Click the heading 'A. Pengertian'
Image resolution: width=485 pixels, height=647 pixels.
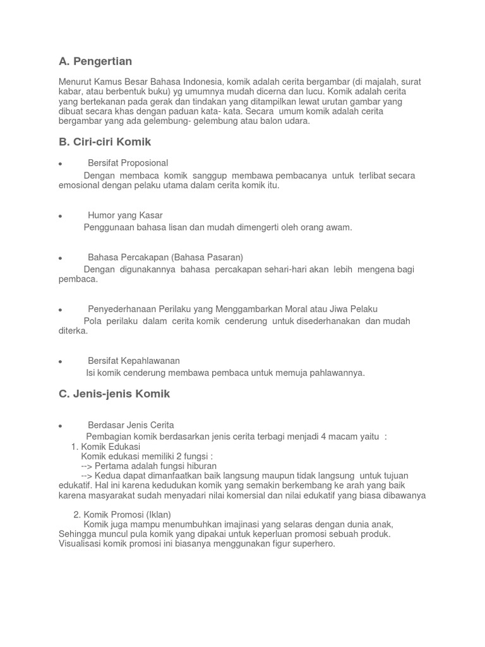tap(95, 61)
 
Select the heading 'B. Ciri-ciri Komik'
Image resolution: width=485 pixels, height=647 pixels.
tap(105, 142)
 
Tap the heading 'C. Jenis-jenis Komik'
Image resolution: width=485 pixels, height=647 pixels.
tap(114, 394)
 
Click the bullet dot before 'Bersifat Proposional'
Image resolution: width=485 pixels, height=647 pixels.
tap(60, 164)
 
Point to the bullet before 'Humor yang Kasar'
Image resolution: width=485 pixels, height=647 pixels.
tap(60, 216)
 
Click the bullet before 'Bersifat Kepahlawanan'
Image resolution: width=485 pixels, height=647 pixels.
tap(60, 361)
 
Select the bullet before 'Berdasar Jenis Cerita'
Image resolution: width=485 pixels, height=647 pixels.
tap(60, 425)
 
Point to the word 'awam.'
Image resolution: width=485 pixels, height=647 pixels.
tap(339, 227)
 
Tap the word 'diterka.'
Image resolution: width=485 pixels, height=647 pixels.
tap(73, 331)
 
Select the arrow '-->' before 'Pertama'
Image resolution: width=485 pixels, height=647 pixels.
tap(87, 466)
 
